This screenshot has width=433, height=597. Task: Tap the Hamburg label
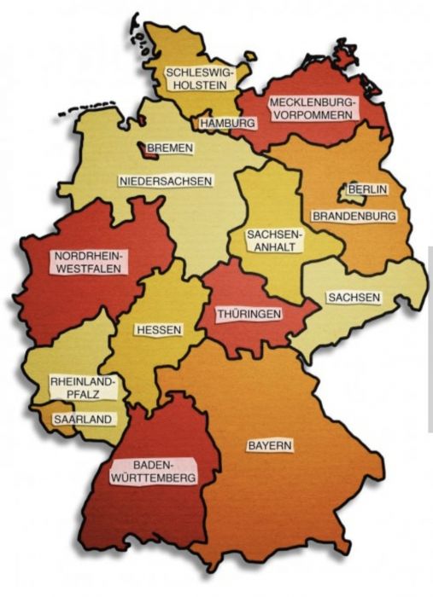click(x=228, y=124)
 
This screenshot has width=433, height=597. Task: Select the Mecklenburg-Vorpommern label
click(x=313, y=109)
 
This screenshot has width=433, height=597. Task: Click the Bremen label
click(x=170, y=148)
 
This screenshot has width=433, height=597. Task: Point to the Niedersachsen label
click(x=166, y=181)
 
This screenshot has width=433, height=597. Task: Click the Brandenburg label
click(x=354, y=216)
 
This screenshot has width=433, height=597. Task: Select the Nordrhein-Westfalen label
click(x=88, y=261)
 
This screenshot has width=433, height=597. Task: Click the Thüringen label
click(x=249, y=315)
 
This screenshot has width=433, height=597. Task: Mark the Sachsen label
click(x=353, y=298)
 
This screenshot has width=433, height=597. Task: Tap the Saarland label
click(x=81, y=420)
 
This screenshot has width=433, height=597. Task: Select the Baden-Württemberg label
click(x=154, y=471)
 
